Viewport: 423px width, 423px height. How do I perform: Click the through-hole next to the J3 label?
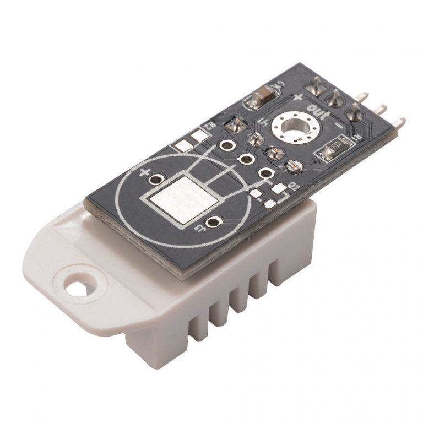[212, 223]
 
